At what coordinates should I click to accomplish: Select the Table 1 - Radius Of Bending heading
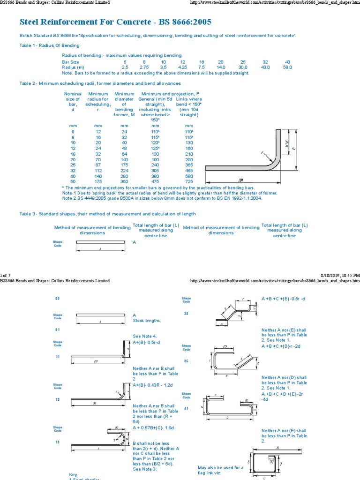(x=49, y=45)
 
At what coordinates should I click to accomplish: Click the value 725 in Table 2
(x=189, y=181)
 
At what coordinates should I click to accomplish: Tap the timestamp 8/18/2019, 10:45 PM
(x=340, y=275)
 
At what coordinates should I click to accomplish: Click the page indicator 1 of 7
(x=8, y=275)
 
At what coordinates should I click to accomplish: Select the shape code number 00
(x=58, y=298)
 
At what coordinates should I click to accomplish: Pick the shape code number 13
(x=58, y=442)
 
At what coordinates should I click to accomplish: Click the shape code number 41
(x=186, y=408)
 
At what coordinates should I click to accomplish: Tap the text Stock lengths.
(x=147, y=321)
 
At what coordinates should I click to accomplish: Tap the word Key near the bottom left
(x=73, y=474)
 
